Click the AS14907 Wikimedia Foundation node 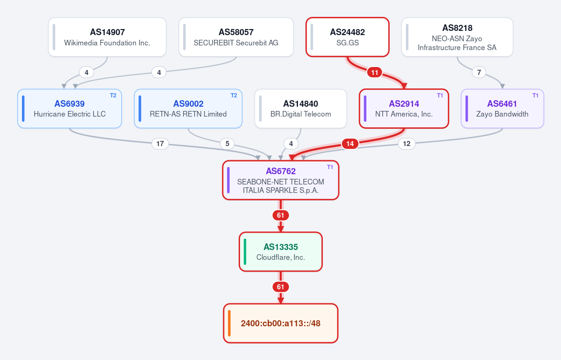click(107, 37)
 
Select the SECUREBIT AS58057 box click(236, 37)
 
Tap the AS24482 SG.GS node click(347, 37)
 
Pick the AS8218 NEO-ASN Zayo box click(457, 37)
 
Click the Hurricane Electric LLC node click(70, 109)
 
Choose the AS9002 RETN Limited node click(188, 109)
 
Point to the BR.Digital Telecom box click(301, 109)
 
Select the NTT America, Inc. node click(404, 109)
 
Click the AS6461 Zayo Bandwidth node click(503, 109)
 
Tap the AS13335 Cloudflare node click(281, 251)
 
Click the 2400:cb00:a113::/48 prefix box click(281, 323)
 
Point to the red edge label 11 click(375, 73)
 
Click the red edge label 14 click(350, 144)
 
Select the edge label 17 click(160, 144)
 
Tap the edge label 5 click(227, 144)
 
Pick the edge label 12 click(407, 144)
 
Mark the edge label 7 click(479, 73)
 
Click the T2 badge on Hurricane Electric click(113, 96)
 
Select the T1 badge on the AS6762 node click(330, 167)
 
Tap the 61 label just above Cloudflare click(281, 215)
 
